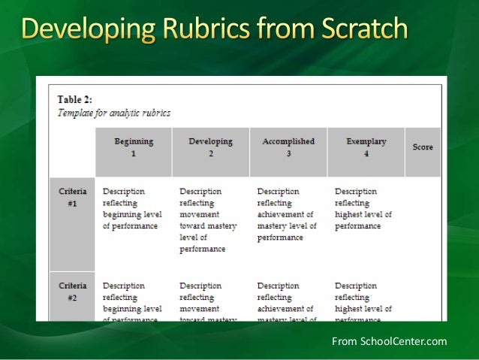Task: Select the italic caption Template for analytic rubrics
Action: [x=114, y=113]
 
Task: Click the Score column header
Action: [x=423, y=147]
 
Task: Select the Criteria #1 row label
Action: [x=73, y=197]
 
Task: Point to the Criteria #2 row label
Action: [x=73, y=292]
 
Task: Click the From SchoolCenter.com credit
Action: [x=389, y=342]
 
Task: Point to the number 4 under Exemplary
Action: [x=366, y=153]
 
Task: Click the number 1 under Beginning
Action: [x=134, y=153]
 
